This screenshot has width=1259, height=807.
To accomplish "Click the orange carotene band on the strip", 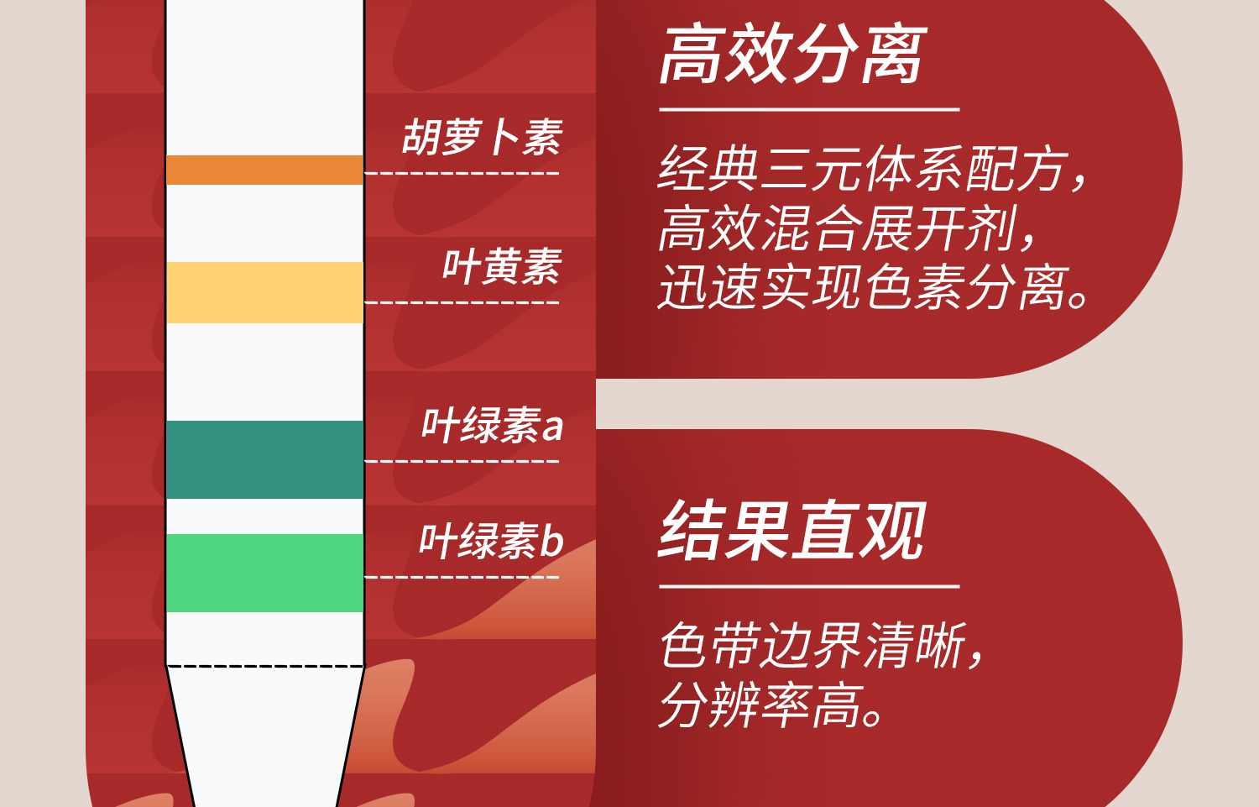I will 264,170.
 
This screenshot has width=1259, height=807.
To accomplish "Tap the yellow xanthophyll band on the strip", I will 264,292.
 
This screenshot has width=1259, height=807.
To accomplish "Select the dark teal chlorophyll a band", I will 264,459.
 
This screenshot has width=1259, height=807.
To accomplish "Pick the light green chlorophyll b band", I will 264,573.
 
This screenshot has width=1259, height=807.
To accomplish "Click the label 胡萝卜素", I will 483,138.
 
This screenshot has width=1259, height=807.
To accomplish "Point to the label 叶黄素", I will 502,267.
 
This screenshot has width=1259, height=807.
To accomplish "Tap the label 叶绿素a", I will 492,425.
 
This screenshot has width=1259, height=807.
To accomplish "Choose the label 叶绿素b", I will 491,541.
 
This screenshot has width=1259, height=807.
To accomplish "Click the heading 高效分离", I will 792,55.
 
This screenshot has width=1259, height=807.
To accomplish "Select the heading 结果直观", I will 792,531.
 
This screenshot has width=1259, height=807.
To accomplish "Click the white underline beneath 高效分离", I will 809,109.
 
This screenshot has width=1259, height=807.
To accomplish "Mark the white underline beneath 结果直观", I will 809,586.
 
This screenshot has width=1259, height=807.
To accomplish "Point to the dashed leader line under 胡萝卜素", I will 462,174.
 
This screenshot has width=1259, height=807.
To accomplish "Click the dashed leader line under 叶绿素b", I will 462,577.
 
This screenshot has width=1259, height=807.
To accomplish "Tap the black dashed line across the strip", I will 264,667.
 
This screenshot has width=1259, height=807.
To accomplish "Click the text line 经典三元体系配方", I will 873,169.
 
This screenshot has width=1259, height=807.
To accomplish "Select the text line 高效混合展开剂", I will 848,228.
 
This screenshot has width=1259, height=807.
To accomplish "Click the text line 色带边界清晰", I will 823,646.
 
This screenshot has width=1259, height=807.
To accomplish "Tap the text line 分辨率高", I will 772,705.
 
